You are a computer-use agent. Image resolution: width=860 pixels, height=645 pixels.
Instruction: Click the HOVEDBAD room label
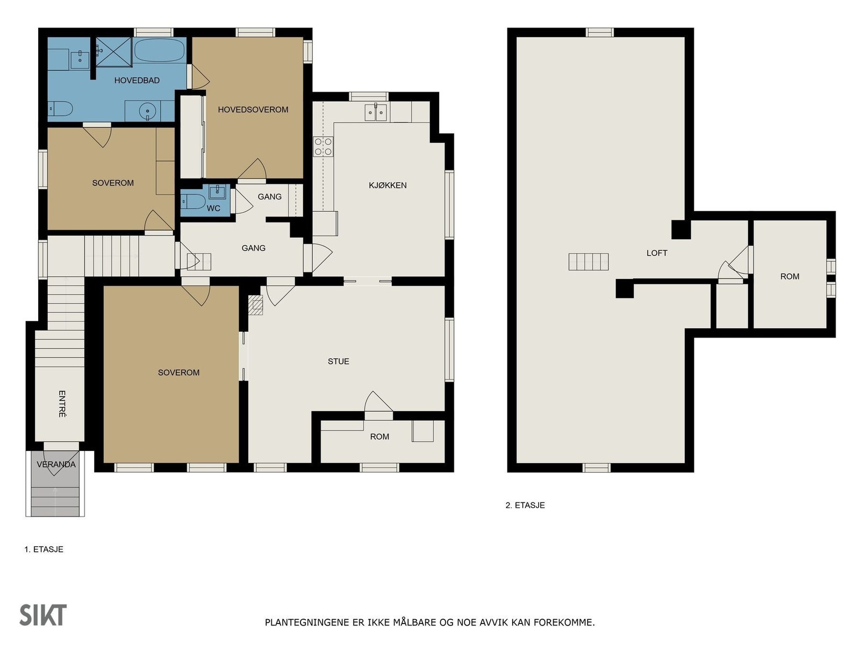137,80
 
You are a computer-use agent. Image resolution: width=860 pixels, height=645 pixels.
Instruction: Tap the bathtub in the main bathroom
159,50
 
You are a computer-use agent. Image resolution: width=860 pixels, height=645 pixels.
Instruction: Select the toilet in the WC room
193,202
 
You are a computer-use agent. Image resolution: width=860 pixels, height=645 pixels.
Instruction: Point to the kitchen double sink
375,112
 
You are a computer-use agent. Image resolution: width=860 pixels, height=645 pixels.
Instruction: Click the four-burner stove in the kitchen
323,146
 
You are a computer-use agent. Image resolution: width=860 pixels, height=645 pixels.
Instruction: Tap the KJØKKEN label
388,185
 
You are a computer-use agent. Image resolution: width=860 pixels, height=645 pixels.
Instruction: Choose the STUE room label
339,361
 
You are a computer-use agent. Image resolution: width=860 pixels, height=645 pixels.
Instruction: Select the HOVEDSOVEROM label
253,110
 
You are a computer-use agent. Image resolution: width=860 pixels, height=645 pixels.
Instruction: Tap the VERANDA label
56,464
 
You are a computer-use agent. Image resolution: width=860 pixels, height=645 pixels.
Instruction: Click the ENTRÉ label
62,404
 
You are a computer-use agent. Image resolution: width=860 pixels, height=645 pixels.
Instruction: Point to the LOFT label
657,253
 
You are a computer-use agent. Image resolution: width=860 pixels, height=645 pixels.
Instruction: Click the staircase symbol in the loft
589,262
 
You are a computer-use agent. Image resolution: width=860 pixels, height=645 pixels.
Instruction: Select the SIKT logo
43,615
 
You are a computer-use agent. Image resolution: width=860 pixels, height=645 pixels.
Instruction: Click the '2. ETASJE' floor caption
525,505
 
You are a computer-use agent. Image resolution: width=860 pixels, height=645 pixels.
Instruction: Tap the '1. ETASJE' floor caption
44,549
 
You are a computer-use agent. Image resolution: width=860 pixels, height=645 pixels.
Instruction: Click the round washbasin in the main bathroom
148,111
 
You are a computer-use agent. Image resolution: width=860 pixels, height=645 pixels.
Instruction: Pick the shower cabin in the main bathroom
113,52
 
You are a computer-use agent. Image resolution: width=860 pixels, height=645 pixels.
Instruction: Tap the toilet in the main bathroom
60,109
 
